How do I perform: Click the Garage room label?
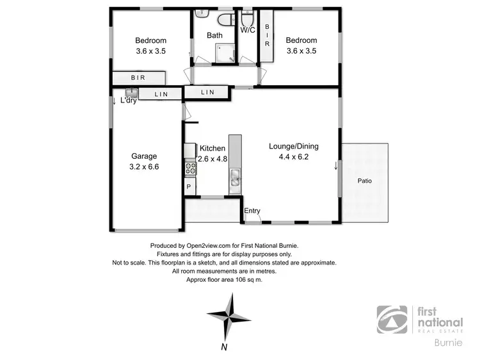pos(144,156)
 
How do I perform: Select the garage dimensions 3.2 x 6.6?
pos(144,167)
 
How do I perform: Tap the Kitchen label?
pos(212,148)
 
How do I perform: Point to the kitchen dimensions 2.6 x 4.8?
pos(212,159)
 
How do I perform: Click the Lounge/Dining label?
pos(293,146)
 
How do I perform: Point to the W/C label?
pos(248,30)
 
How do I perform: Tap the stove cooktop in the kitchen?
pos(191,168)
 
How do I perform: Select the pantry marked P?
pos(189,186)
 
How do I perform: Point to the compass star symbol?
pos(229,314)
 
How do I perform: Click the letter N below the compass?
pos(224,348)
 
